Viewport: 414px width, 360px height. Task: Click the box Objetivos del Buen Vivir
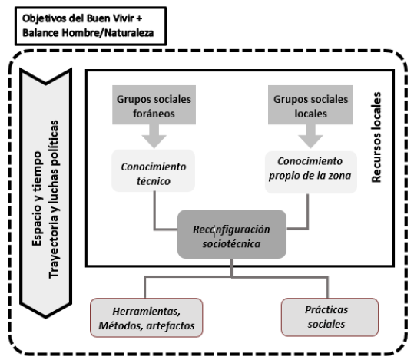tap(91, 26)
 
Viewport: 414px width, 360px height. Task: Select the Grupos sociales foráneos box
tap(154, 105)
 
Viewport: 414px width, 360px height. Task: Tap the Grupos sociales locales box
tap(310, 105)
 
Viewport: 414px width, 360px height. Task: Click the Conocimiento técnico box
tap(154, 170)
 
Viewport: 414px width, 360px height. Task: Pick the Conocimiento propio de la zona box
tap(311, 172)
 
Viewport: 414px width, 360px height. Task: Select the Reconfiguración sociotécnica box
tap(232, 234)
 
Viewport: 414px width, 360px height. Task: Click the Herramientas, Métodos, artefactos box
tap(147, 318)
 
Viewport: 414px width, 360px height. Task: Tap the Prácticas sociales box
tap(330, 317)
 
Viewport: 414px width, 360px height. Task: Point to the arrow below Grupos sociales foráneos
tap(154, 136)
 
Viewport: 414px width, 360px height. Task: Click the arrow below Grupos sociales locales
tap(310, 136)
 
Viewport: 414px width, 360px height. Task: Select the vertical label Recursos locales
tap(376, 137)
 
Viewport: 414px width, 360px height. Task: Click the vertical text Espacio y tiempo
tap(37, 199)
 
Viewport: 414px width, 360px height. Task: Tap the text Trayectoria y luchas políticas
tap(54, 200)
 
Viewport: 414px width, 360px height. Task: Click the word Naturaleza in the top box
tap(129, 33)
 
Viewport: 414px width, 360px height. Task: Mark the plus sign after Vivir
tap(139, 18)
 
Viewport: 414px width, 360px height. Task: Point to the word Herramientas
tap(147, 312)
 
